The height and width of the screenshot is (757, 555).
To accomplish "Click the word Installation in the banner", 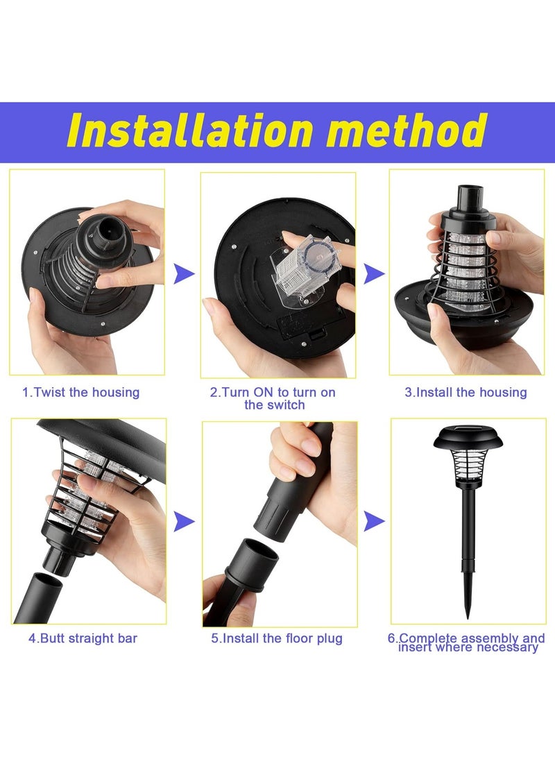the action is [x=190, y=130].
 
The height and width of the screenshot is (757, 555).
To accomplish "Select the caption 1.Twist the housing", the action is [x=81, y=392].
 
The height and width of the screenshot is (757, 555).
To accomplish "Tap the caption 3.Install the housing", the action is [x=466, y=392].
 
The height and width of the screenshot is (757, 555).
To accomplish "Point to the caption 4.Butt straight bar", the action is [x=83, y=638].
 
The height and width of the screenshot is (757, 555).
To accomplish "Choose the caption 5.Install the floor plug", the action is [x=277, y=638].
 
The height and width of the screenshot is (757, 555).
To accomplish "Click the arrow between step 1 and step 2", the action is [x=184, y=274].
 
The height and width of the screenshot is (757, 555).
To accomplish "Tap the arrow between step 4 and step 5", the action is [x=184, y=521].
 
